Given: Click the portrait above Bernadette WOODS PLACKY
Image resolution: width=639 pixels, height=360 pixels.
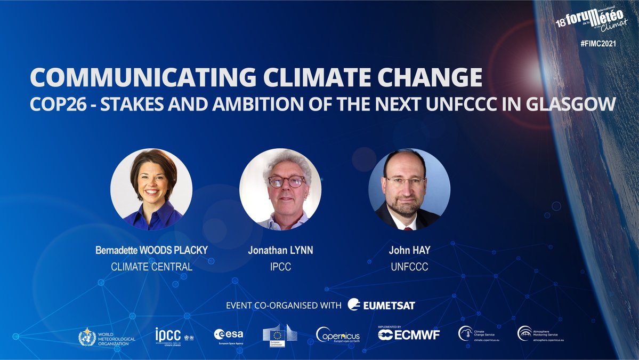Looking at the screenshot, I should point(151,189).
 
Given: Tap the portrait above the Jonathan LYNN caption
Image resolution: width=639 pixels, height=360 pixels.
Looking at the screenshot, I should point(280,189).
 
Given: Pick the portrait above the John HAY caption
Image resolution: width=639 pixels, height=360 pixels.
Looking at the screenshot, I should point(409,189).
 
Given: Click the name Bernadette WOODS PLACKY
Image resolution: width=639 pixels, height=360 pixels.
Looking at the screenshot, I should point(151,251).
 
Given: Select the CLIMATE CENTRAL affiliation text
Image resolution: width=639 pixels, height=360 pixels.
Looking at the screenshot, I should point(151,267).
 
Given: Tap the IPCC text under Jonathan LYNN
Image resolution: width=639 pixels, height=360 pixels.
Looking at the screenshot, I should point(280,267).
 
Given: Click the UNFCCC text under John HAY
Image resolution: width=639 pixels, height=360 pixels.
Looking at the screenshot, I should point(409,267).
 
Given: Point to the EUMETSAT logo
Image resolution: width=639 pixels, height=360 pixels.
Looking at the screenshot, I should point(381,305).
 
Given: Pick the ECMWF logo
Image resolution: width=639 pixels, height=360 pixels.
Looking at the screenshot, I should point(409,334).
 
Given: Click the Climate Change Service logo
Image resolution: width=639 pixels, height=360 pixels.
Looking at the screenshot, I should point(479,334).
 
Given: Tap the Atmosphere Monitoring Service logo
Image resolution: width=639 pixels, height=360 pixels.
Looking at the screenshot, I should point(538,334).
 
